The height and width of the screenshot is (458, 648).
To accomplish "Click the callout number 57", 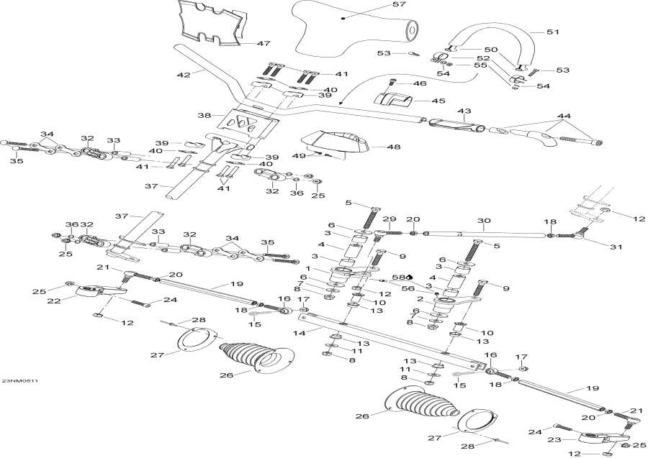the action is [399, 4].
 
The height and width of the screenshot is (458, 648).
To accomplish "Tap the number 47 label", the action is [264, 43].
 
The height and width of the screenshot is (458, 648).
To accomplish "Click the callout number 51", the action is [552, 32].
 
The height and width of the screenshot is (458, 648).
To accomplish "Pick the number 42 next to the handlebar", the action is [184, 75].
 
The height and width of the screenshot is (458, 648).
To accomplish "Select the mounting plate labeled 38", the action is [248, 124].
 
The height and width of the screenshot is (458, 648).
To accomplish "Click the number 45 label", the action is [438, 101].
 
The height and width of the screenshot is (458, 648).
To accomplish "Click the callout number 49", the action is [299, 155].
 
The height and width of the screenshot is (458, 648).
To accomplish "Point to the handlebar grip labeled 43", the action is [456, 124].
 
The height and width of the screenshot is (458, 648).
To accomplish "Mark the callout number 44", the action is [564, 116].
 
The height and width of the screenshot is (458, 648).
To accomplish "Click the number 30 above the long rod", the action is [484, 221].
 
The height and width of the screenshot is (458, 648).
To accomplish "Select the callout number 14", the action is [300, 333].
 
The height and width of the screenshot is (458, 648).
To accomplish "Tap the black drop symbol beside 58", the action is [409, 277].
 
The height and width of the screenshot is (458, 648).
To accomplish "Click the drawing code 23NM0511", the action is [20, 381].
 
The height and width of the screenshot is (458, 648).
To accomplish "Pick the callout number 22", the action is [54, 301].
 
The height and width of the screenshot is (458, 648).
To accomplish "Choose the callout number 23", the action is [554, 440].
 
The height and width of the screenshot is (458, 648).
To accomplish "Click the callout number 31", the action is [616, 247].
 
